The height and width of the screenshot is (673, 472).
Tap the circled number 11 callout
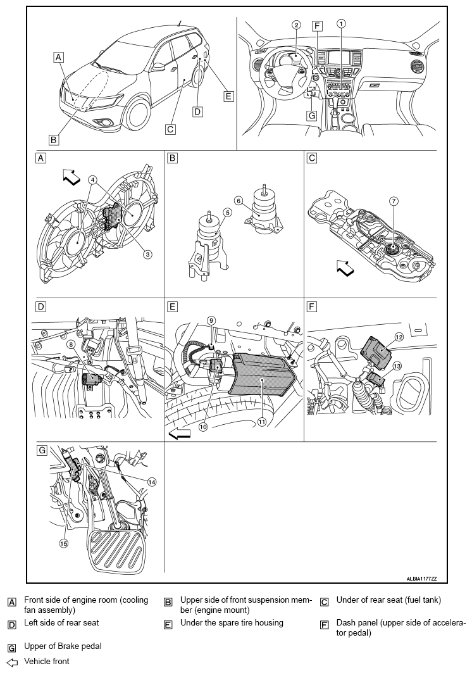point(262,422)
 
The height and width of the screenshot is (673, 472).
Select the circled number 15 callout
point(63,543)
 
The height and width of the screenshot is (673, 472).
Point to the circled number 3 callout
point(147,255)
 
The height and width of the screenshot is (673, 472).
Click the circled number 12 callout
point(399,337)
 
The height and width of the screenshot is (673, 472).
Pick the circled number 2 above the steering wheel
point(297,25)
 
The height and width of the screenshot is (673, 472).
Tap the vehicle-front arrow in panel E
point(179,435)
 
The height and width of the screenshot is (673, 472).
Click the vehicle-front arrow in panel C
point(345,268)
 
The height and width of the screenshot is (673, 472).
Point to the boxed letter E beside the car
point(228,96)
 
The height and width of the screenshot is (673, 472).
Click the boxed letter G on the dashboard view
point(312,115)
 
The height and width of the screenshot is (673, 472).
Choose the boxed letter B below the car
point(54,139)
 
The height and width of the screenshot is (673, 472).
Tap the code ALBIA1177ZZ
point(421,579)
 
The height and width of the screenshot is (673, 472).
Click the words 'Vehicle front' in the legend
point(46,661)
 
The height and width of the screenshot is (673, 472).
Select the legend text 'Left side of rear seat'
point(61,622)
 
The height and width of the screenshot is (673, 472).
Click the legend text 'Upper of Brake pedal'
point(63,646)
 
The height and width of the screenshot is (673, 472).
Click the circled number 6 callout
point(239,201)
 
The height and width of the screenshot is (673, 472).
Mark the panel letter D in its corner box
point(40,306)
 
